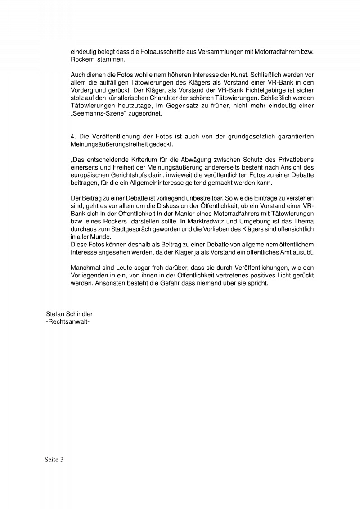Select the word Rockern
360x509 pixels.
point(82,59)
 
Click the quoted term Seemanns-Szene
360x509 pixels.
point(94,114)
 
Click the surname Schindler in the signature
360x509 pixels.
point(79,314)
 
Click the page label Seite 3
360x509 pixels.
point(54,459)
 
